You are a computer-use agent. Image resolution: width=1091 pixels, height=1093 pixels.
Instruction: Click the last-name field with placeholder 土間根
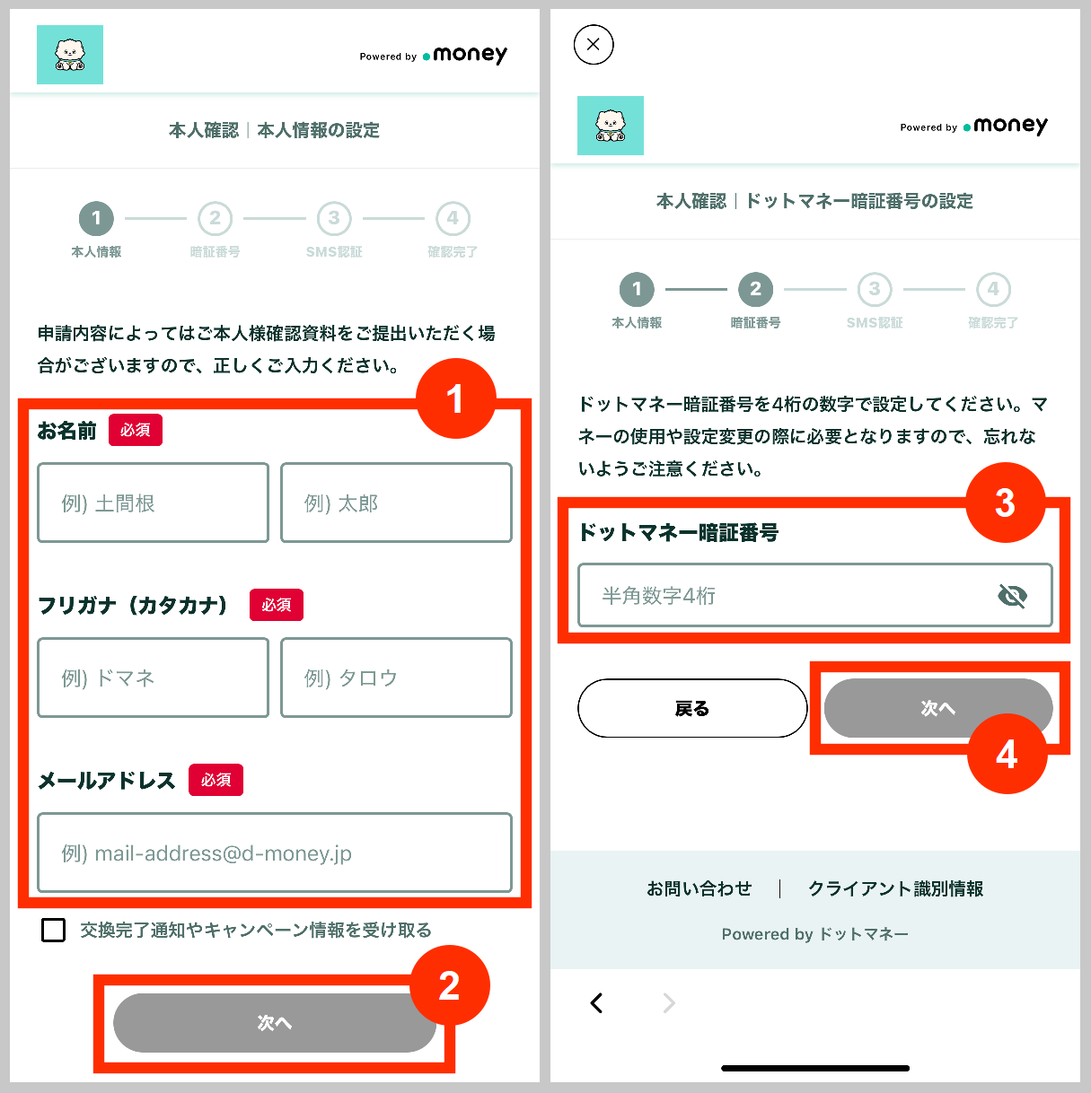[153, 503]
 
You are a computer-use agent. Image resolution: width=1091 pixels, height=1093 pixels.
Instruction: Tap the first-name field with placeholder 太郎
[396, 503]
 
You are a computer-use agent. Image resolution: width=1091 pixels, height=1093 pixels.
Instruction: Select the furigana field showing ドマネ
[153, 678]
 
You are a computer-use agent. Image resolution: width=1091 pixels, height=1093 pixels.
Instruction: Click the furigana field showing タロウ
[396, 678]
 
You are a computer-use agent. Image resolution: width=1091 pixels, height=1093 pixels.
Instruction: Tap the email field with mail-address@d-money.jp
[274, 853]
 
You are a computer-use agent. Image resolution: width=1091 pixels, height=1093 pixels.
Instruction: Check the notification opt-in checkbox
[54, 930]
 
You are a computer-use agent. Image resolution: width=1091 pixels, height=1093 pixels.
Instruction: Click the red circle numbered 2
[449, 985]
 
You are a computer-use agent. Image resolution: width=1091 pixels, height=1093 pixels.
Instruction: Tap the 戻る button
[692, 708]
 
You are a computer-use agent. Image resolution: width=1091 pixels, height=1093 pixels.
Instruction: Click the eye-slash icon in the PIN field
[1012, 595]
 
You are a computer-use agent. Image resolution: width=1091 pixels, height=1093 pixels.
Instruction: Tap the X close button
[594, 44]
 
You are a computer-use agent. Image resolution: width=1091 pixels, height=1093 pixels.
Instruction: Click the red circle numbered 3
[1005, 503]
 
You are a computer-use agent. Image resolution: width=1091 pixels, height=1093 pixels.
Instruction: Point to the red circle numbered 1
[455, 398]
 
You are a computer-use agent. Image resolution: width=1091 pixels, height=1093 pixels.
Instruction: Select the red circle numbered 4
[1007, 754]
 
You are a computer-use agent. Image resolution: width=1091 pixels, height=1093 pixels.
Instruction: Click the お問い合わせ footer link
[699, 888]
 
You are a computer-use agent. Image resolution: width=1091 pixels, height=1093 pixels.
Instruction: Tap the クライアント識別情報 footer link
[895, 888]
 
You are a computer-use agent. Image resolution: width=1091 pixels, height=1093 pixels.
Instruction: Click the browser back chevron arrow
[597, 1002]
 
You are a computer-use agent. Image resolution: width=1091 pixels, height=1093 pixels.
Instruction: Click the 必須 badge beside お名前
[136, 430]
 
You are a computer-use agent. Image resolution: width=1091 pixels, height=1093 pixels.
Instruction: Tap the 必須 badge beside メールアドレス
[216, 780]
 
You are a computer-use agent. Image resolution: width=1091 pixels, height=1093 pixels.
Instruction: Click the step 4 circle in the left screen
[453, 218]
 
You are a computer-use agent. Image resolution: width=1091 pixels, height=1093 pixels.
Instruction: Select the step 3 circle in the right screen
[875, 289]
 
